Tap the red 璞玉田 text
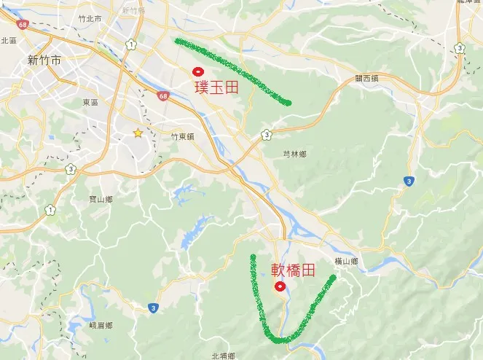click(x=217, y=87)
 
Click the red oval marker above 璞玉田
click(x=197, y=71)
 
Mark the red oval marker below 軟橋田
click(x=279, y=286)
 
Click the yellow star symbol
click(x=138, y=133)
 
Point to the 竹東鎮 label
click(x=182, y=136)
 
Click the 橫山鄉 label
click(x=347, y=261)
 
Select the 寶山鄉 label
click(x=100, y=199)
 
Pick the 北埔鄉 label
click(x=223, y=356)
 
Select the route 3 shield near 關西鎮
click(x=460, y=47)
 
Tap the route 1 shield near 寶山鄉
click(x=50, y=210)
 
